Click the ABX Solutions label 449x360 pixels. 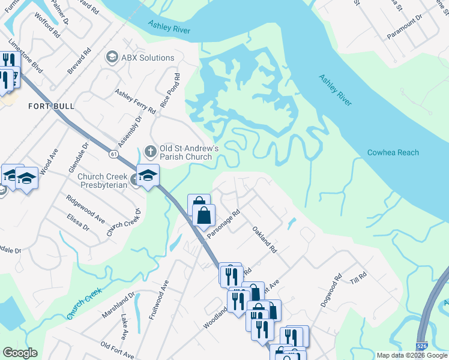coord(148,58)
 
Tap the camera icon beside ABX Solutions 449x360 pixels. coord(112,58)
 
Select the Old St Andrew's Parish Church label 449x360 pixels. coord(185,152)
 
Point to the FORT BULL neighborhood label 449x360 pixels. coord(51,106)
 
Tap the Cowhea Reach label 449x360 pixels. coord(393,152)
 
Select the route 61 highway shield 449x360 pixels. coord(113,155)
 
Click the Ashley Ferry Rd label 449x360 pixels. coord(135,102)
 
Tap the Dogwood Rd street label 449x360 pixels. coord(330,291)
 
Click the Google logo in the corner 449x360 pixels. coord(20,353)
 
